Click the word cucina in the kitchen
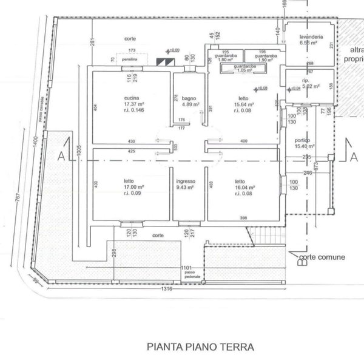(115, 98)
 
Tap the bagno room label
(185, 96)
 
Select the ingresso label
(185, 180)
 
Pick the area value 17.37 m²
(115, 104)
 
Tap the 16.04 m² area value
(243, 188)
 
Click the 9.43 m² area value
(185, 188)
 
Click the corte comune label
(322, 257)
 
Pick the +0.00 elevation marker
(175, 50)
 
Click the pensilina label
(130, 61)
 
